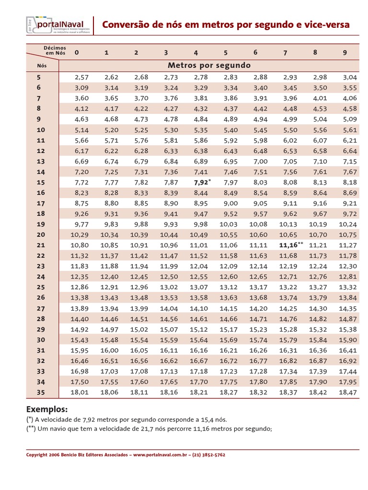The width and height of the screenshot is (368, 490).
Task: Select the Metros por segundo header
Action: pyautogui.click(x=209, y=65)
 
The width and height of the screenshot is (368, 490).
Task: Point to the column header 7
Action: pyautogui.click(x=285, y=53)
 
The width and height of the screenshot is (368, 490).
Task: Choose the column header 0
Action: pyautogui.click(x=76, y=52)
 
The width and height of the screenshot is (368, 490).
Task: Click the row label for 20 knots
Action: pyautogui.click(x=41, y=234)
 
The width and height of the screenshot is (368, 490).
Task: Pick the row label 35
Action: pyautogui.click(x=41, y=392)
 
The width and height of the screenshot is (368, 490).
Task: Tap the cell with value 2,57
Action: pyautogui.click(x=82, y=77)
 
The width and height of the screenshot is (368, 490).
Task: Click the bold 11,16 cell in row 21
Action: pyautogui.click(x=288, y=245)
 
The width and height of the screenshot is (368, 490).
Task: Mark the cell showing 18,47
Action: pyautogui.click(x=348, y=392)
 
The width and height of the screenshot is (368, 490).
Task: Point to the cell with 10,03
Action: pyautogui.click(x=228, y=224)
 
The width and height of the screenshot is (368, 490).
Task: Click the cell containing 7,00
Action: pyautogui.click(x=260, y=161)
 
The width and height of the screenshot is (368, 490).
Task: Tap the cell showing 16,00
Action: pyautogui.click(x=109, y=350)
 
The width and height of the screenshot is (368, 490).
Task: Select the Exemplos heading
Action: pyautogui.click(x=47, y=410)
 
